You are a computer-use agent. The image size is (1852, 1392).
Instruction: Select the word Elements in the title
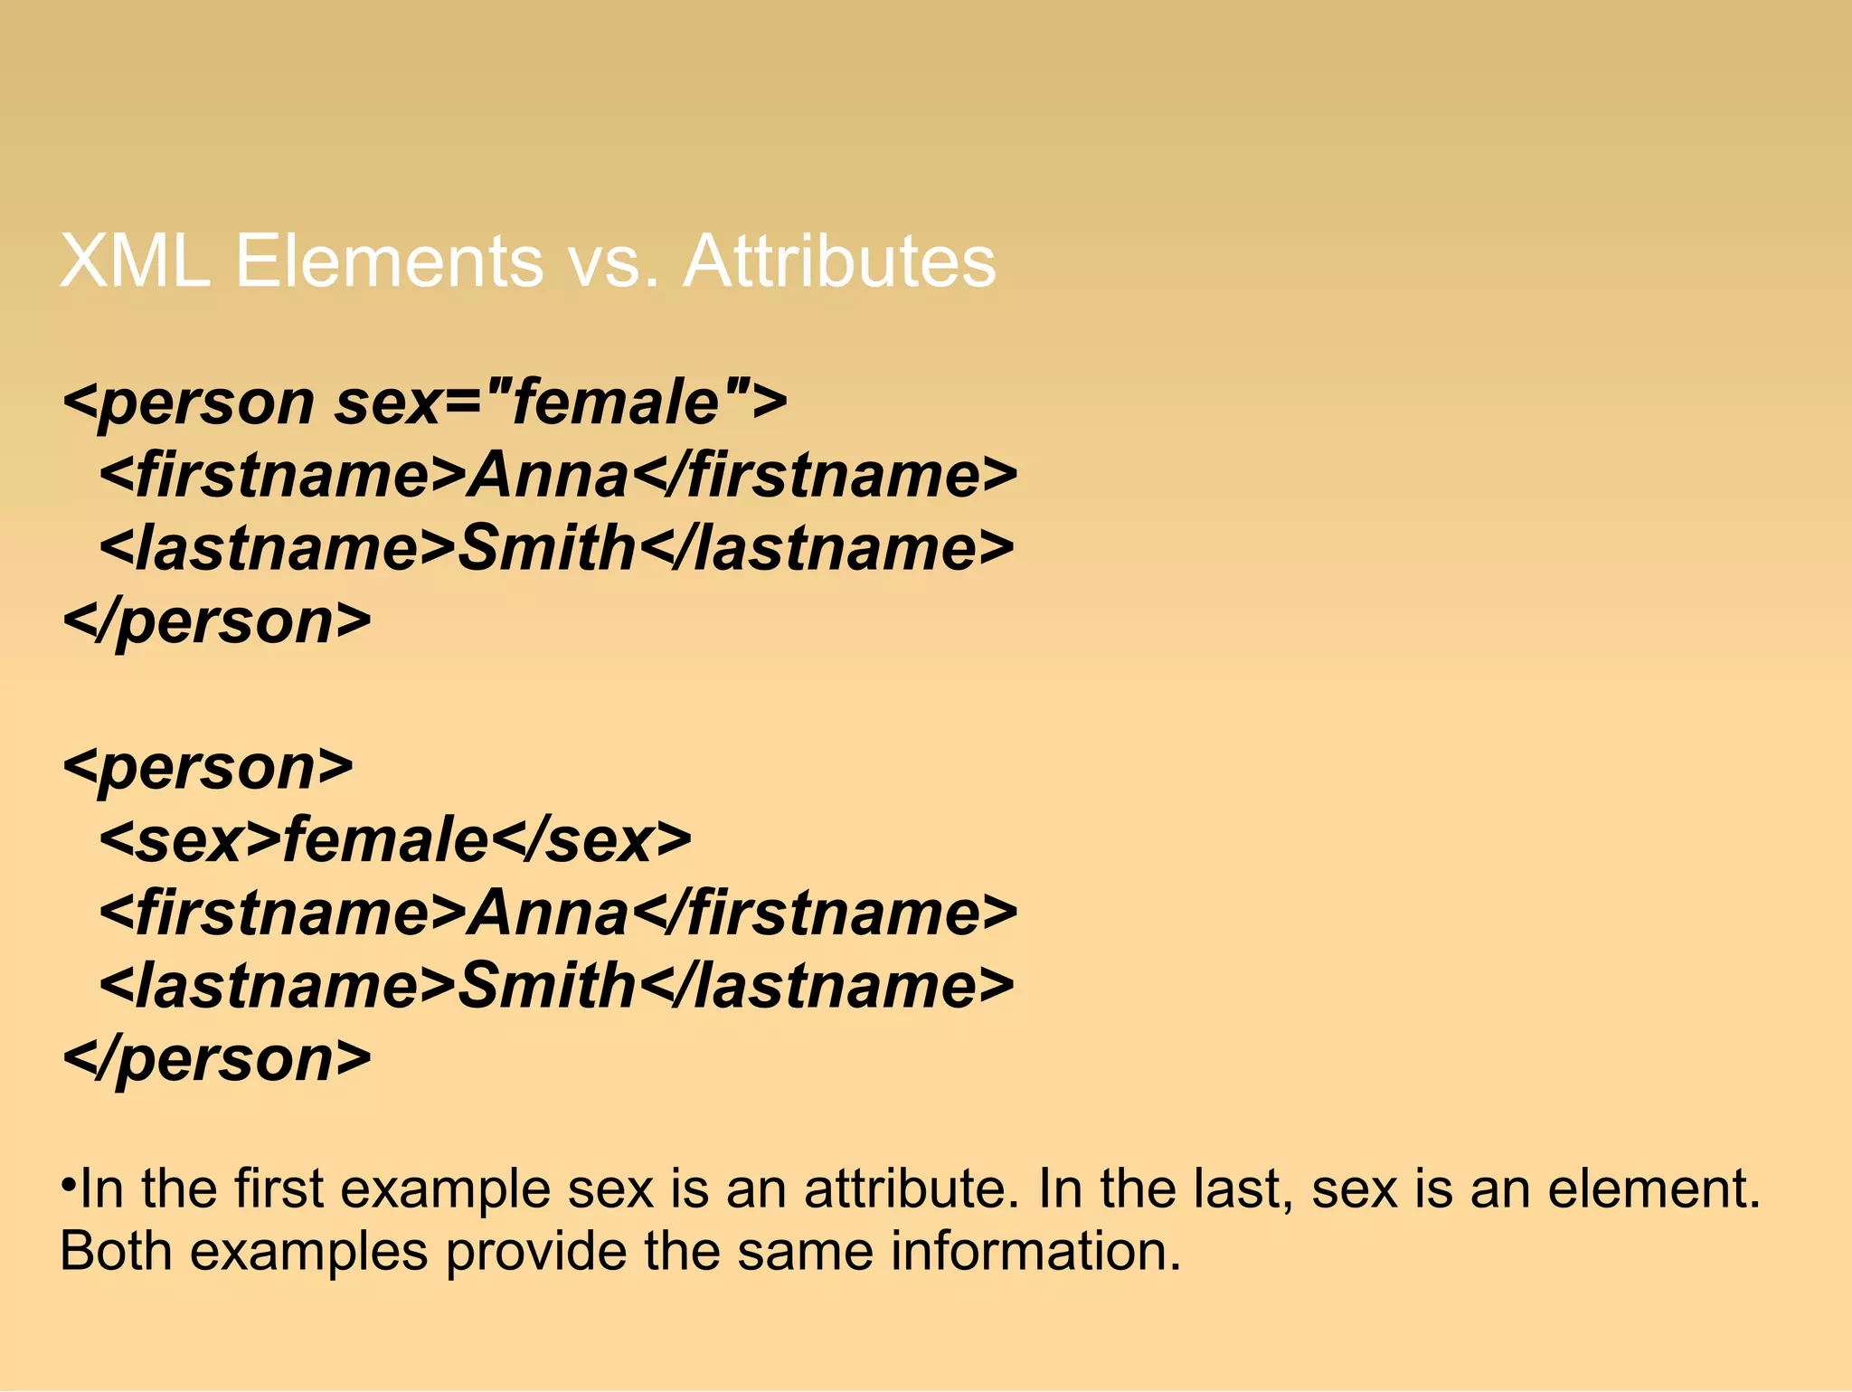[389, 261]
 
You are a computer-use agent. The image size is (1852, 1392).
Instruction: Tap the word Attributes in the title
[838, 261]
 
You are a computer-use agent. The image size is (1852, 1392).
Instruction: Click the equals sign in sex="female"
[464, 402]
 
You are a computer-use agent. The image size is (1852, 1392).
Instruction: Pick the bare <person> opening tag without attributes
[208, 769]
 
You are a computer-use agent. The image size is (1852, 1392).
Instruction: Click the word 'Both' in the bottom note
[116, 1253]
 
